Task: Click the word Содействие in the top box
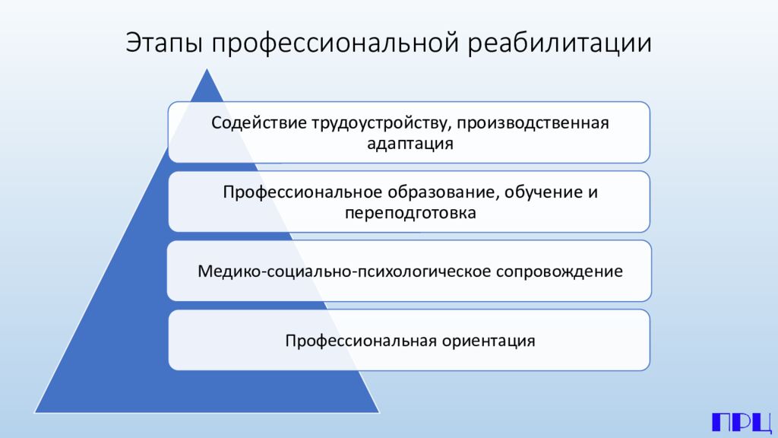pos(258,122)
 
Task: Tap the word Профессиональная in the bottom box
pos(360,341)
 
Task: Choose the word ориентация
pos(488,341)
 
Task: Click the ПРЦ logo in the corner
pos(741,422)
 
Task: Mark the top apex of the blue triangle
pos(207,69)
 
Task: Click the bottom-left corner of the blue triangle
pos(35,412)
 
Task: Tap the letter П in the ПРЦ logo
pos(721,422)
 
